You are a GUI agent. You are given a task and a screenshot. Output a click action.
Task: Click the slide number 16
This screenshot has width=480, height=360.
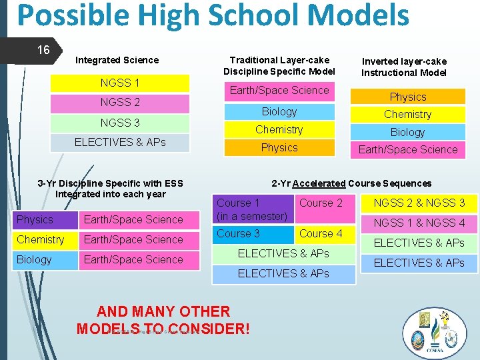[43, 50]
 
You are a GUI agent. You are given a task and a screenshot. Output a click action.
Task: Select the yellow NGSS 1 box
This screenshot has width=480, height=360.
[120, 83]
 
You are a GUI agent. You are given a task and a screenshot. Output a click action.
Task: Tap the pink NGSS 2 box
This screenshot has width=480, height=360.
[120, 103]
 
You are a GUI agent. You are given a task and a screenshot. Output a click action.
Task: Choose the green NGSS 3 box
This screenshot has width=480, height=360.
[120, 123]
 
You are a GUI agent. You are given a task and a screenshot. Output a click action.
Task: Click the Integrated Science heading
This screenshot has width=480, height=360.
[117, 60]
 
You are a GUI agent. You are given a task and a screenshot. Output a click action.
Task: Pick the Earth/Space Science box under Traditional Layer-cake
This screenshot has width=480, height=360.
[279, 91]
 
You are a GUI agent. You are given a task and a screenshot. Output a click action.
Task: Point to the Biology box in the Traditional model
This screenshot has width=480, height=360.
[279, 111]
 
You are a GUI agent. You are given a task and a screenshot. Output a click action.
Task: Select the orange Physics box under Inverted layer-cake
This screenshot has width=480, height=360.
[407, 97]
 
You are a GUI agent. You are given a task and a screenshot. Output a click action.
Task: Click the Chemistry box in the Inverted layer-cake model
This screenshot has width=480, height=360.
[407, 114]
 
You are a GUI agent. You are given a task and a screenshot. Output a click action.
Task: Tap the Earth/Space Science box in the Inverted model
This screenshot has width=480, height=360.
[407, 149]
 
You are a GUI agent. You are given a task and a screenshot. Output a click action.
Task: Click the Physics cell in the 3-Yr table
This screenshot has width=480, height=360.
[45, 219]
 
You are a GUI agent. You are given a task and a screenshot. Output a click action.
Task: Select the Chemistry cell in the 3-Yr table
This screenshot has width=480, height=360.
[45, 239]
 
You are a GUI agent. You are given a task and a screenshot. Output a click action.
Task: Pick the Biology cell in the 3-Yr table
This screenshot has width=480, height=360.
[45, 259]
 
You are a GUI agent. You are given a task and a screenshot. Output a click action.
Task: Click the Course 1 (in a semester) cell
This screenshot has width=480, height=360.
[253, 209]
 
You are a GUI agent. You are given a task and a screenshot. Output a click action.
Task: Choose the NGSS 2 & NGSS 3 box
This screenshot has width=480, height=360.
[419, 203]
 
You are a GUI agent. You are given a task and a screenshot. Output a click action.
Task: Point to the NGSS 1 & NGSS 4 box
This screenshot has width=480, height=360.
[419, 223]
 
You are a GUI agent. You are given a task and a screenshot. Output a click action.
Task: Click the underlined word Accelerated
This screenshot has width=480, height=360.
[319, 183]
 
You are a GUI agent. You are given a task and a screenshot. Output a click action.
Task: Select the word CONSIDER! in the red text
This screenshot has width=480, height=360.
[210, 329]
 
